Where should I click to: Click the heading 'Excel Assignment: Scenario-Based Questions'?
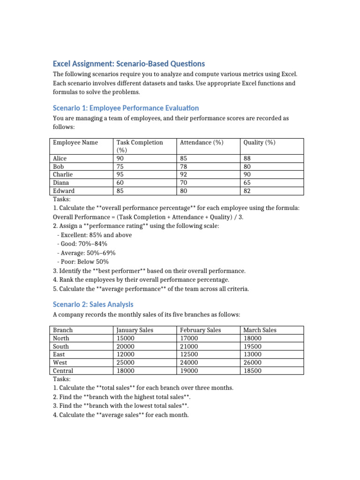pos(128,63)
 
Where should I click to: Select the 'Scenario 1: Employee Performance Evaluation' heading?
pos(126,108)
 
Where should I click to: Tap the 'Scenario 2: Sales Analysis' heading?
pos(93,304)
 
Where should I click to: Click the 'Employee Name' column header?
pos(75,142)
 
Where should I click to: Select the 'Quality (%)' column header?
pos(259,142)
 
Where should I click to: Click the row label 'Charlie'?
pos(63,174)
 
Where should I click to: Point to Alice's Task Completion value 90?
pos(120,158)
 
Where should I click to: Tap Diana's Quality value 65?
pos(247,182)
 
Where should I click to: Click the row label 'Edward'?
pos(64,191)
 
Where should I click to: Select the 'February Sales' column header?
pos(200,330)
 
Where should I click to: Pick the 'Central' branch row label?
pos(64,370)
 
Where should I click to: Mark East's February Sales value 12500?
pos(189,354)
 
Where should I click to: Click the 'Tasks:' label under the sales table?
pos(62,379)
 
